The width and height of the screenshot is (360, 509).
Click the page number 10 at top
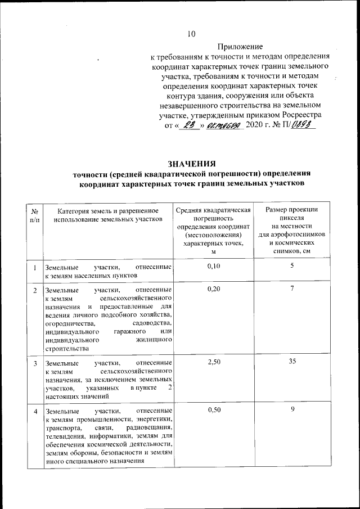[191, 34]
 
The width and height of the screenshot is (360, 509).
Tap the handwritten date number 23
[188, 127]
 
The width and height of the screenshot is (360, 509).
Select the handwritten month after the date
[224, 127]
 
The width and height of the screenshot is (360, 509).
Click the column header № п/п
[35, 214]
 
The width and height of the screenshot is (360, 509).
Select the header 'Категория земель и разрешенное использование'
[107, 214]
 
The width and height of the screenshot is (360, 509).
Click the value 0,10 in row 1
[213, 267]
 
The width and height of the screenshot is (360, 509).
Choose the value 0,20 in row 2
[213, 289]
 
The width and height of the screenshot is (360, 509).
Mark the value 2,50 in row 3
[213, 362]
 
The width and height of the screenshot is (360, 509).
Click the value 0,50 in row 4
[213, 411]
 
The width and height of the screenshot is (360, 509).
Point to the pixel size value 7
[292, 289]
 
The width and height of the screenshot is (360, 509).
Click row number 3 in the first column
[35, 363]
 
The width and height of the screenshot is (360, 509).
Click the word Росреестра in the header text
[297, 116]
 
